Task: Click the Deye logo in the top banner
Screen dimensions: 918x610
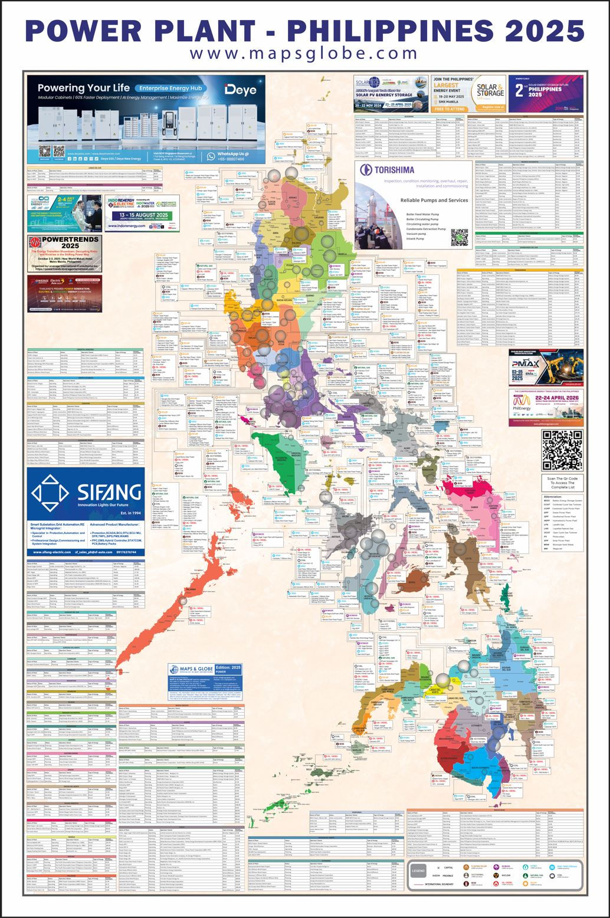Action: coord(238,90)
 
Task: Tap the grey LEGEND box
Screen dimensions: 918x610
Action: coord(418,871)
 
